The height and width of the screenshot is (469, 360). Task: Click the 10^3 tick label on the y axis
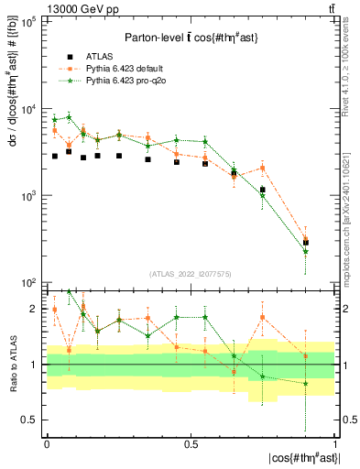point(27,196)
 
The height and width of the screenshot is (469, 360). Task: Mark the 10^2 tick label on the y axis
point(27,282)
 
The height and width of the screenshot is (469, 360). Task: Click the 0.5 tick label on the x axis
point(191,443)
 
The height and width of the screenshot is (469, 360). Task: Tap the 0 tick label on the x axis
point(47,443)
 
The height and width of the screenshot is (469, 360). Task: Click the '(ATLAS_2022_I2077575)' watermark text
point(191,273)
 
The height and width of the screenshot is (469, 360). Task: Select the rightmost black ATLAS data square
point(306,243)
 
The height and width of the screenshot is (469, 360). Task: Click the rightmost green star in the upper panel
point(306,251)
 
